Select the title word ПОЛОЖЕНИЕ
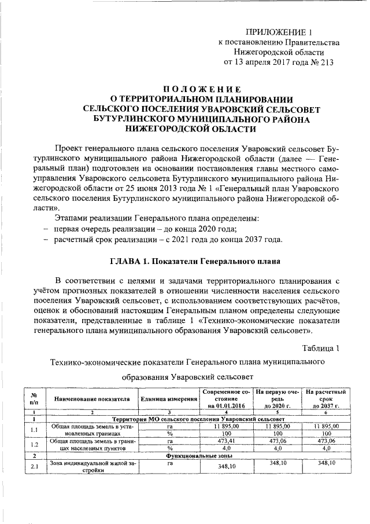tap(199, 89)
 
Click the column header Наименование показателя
tap(91, 399)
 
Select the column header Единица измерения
tap(168, 399)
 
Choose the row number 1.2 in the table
tap(34, 444)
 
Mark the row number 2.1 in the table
tap(34, 467)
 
